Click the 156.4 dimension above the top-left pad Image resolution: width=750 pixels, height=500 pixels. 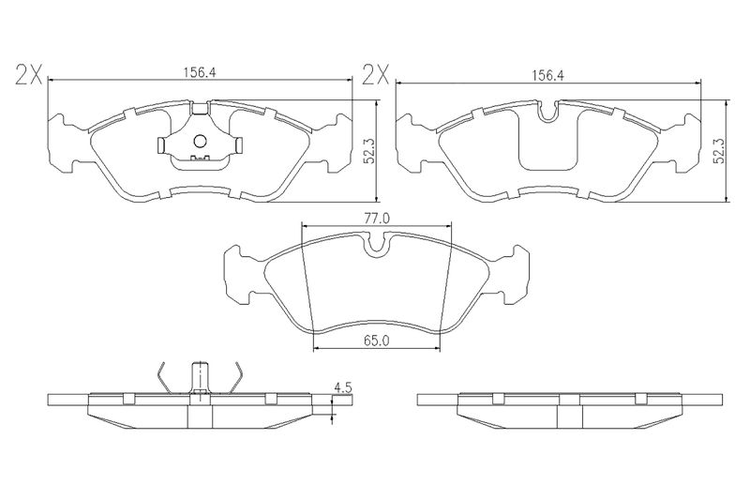coord(201,72)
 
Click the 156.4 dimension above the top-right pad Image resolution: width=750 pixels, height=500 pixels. coord(548,75)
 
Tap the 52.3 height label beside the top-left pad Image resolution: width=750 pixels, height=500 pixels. coord(368,152)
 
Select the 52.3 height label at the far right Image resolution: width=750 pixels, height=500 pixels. coord(718,152)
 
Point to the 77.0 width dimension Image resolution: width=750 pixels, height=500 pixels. coord(377,219)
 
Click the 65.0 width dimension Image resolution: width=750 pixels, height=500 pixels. coord(377,341)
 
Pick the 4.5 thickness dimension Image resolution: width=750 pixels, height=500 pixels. coord(342,387)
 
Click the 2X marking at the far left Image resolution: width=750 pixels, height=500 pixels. coord(29,75)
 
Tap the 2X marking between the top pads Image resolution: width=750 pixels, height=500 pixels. coord(376,75)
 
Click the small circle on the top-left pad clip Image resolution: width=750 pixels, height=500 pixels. coord(200,141)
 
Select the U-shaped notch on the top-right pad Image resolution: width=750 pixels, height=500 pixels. coord(548,111)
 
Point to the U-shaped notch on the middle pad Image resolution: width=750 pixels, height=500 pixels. coord(378,246)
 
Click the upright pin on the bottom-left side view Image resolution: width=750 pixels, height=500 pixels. coord(200,377)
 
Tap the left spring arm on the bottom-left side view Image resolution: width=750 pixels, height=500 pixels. coord(165,377)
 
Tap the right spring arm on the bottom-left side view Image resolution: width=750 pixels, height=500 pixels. coord(234,377)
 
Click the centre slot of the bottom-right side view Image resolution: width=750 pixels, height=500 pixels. coord(570,412)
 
